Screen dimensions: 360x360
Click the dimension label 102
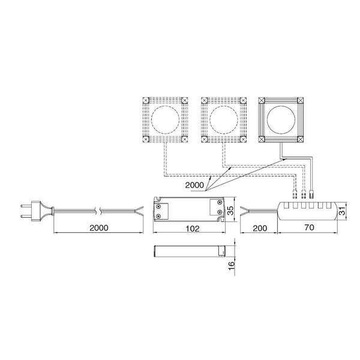(x=193, y=228)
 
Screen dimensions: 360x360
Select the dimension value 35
(x=230, y=211)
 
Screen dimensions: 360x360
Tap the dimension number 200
(x=260, y=228)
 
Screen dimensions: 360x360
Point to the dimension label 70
(x=309, y=227)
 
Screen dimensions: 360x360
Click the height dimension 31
(x=342, y=211)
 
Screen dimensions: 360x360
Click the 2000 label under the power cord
(x=99, y=228)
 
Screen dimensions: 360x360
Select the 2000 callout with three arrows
(x=194, y=185)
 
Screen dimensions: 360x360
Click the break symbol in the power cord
(x=98, y=211)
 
